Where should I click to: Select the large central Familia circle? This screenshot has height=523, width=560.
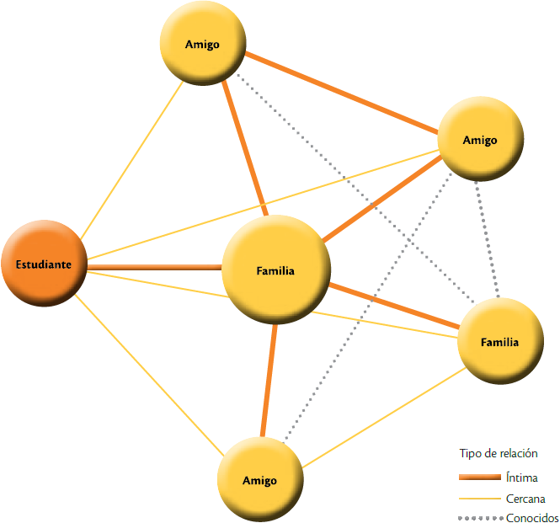click(x=275, y=270)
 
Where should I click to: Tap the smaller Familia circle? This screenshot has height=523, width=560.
click(x=499, y=342)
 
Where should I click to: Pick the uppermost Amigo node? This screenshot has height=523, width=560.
click(x=203, y=44)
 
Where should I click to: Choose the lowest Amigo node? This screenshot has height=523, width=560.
click(x=259, y=479)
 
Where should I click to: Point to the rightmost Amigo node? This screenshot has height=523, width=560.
click(x=480, y=139)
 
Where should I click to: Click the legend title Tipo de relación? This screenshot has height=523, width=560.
click(x=499, y=453)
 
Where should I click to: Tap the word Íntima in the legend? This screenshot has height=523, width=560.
click(x=523, y=478)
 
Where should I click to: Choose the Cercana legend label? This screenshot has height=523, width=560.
click(x=527, y=498)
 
